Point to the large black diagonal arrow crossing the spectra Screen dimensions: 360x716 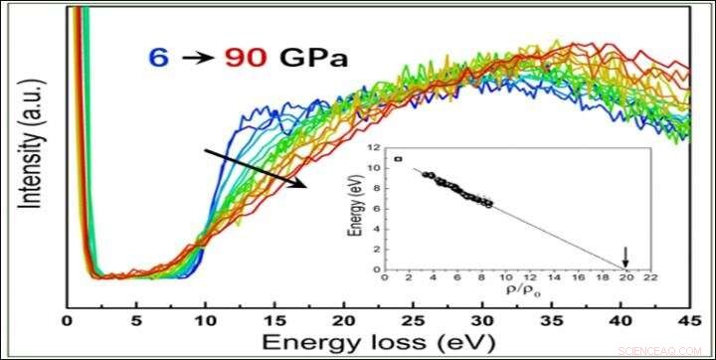(x=255, y=169)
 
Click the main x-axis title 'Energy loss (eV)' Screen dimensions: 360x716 (x=377, y=341)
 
